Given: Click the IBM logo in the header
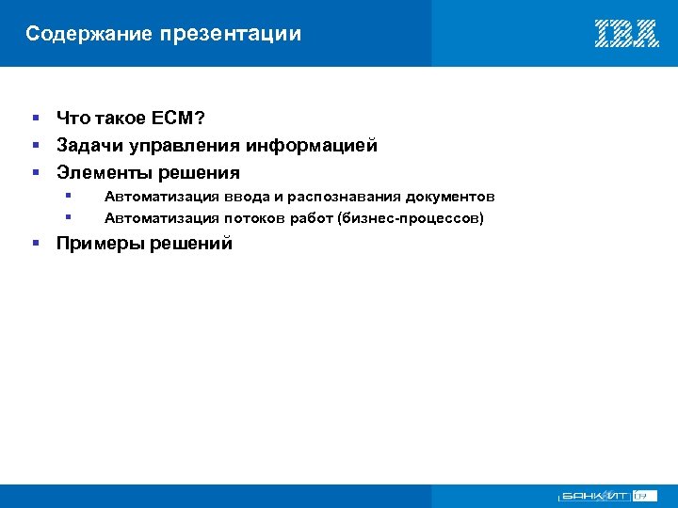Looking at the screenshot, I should [x=626, y=34].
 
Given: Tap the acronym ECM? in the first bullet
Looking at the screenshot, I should [x=178, y=118].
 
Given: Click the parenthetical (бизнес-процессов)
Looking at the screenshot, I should [x=404, y=219].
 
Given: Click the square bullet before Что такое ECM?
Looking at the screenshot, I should [x=35, y=118].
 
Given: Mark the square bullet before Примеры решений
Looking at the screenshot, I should [x=35, y=244].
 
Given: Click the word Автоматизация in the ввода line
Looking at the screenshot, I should [x=161, y=198].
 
